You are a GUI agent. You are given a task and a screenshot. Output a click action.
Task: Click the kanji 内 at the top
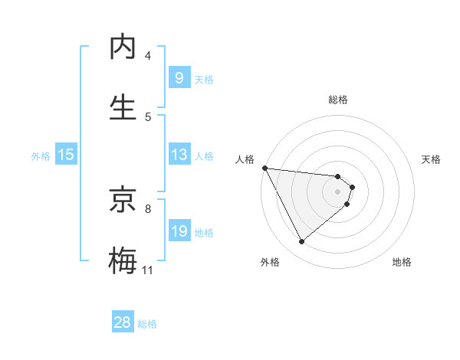pyautogui.click(x=123, y=47)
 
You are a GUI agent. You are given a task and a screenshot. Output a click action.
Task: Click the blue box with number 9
pyautogui.click(x=179, y=78)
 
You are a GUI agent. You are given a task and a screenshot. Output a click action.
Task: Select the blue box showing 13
pyautogui.click(x=179, y=155)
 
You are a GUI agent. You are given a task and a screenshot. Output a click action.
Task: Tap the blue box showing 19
pyautogui.click(x=179, y=231)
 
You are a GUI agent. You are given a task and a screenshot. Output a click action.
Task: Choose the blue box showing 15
pyautogui.click(x=66, y=155)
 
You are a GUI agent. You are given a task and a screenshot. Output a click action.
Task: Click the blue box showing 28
pyautogui.click(x=123, y=322)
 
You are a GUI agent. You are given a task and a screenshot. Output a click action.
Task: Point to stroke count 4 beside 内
pyautogui.click(x=148, y=56)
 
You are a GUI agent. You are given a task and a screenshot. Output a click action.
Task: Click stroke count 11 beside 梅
pyautogui.click(x=148, y=270)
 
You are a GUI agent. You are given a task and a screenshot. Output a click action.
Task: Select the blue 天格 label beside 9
pyautogui.click(x=204, y=79)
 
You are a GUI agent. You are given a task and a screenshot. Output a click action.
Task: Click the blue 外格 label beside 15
pyautogui.click(x=41, y=155)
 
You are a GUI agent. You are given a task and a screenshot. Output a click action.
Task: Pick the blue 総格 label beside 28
pyautogui.click(x=147, y=324)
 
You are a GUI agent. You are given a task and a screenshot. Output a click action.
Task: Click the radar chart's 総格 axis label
pyautogui.click(x=338, y=100)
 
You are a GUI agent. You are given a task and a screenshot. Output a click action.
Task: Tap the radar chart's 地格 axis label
pyautogui.click(x=402, y=262)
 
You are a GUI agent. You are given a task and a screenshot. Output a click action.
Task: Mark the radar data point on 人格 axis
pyautogui.click(x=264, y=168)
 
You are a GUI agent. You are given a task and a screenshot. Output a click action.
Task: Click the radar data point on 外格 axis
pyautogui.click(x=301, y=242)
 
